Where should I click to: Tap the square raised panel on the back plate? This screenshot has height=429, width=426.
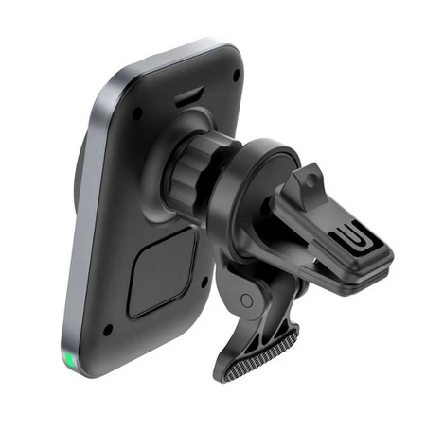(163, 273)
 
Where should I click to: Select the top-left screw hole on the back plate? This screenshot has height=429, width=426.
(138, 113)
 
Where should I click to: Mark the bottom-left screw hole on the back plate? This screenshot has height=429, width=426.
(108, 329)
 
